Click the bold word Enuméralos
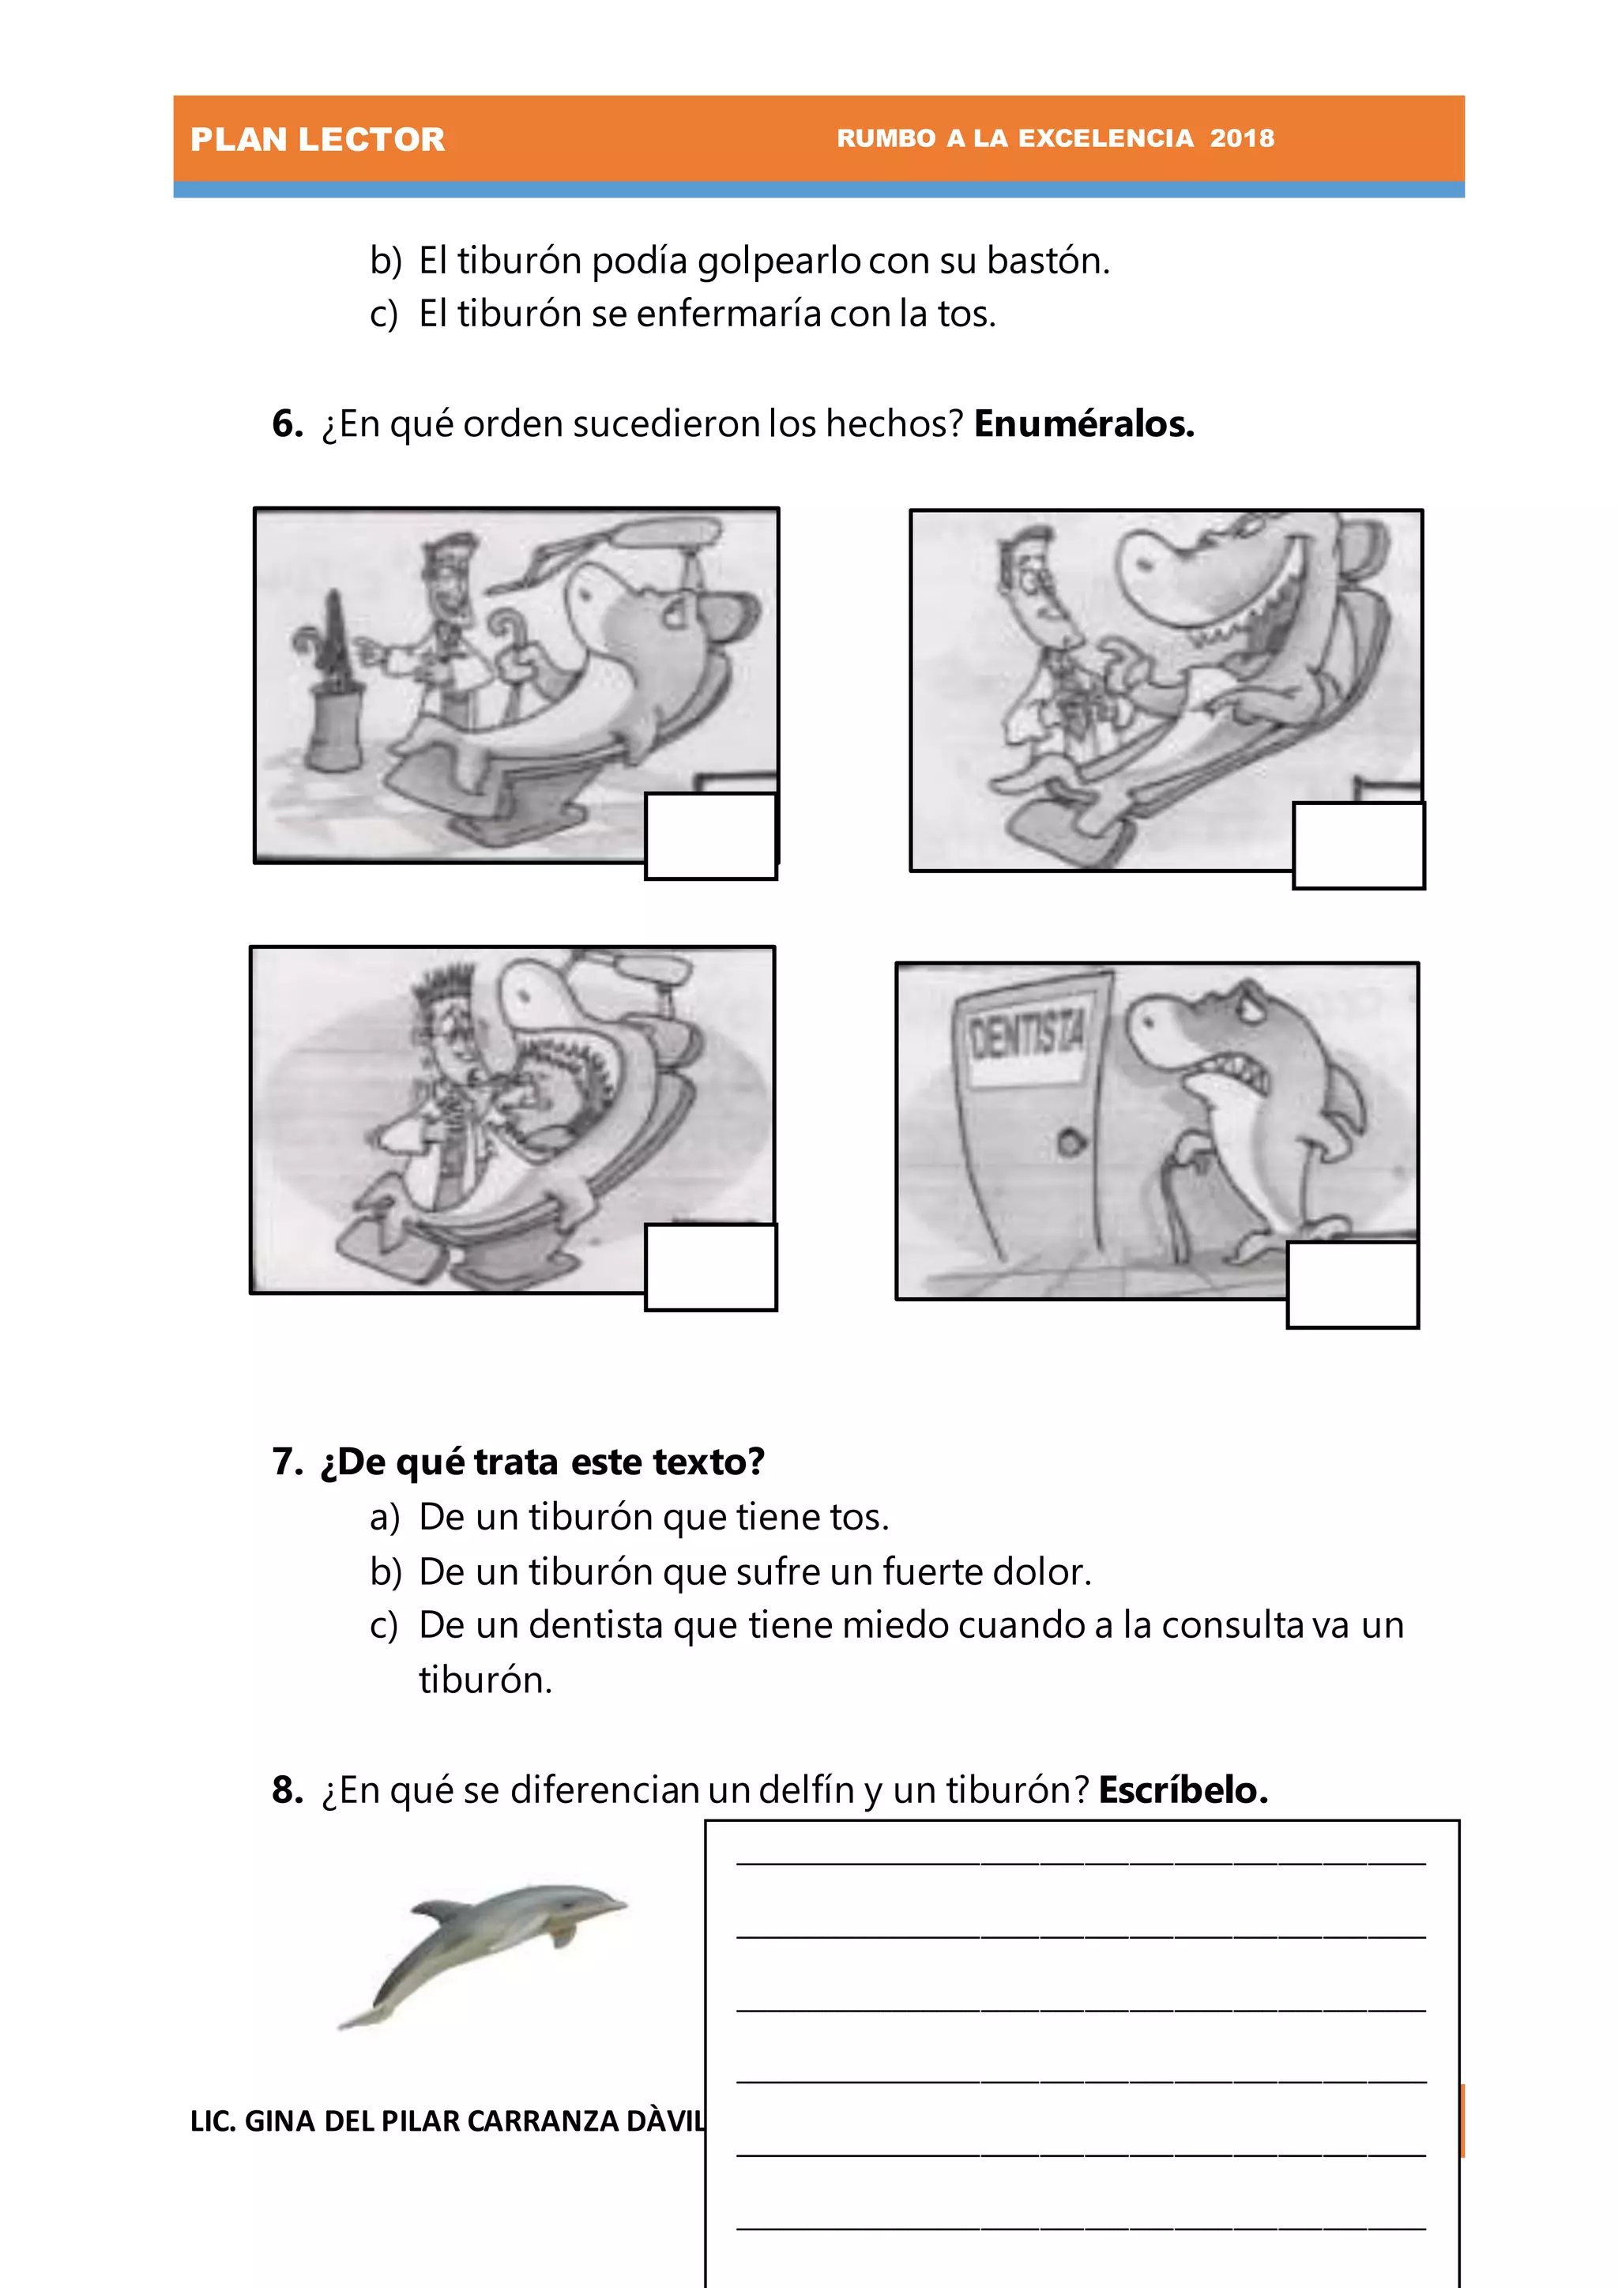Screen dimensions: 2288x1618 pyautogui.click(x=1083, y=423)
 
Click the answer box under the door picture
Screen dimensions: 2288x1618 pyautogui.click(x=1352, y=1284)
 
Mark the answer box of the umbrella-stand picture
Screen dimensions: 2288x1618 pyautogui.click(x=710, y=835)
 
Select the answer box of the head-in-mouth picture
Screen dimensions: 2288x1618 pyautogui.click(x=710, y=1266)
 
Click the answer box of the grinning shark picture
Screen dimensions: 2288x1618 pyautogui.click(x=1358, y=845)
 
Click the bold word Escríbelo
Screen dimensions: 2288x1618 pyautogui.click(x=1183, y=1789)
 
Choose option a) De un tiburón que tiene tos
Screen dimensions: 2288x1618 pyautogui.click(x=653, y=1517)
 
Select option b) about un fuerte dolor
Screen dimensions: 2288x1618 pyautogui.click(x=754, y=1571)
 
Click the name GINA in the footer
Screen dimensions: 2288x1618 pyautogui.click(x=280, y=2121)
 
